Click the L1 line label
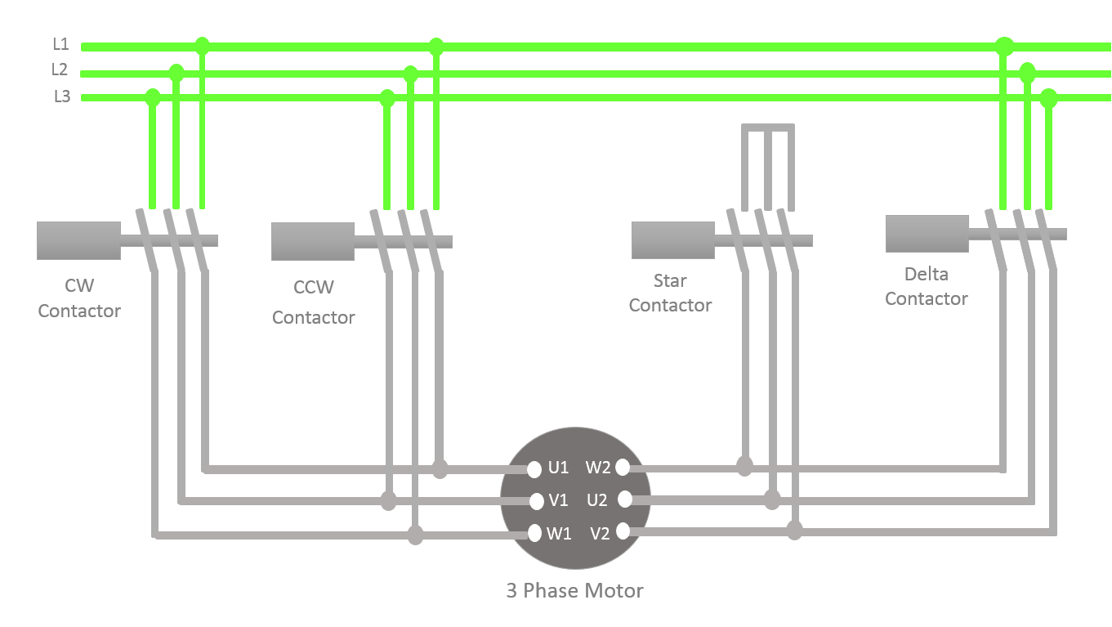click(61, 45)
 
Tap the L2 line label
click(60, 70)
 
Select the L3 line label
click(62, 96)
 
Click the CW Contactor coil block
click(78, 240)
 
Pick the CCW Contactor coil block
click(313, 241)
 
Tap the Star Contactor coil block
click(672, 240)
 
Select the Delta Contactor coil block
click(927, 234)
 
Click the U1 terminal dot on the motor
click(534, 469)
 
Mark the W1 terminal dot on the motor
click(535, 533)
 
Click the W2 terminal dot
click(623, 468)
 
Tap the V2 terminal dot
click(623, 531)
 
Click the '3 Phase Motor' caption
click(574, 590)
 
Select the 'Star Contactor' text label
click(670, 293)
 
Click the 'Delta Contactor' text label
click(926, 286)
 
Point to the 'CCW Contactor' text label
click(313, 302)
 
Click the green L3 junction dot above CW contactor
click(152, 98)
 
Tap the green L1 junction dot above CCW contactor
click(435, 46)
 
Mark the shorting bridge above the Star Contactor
click(767, 128)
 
